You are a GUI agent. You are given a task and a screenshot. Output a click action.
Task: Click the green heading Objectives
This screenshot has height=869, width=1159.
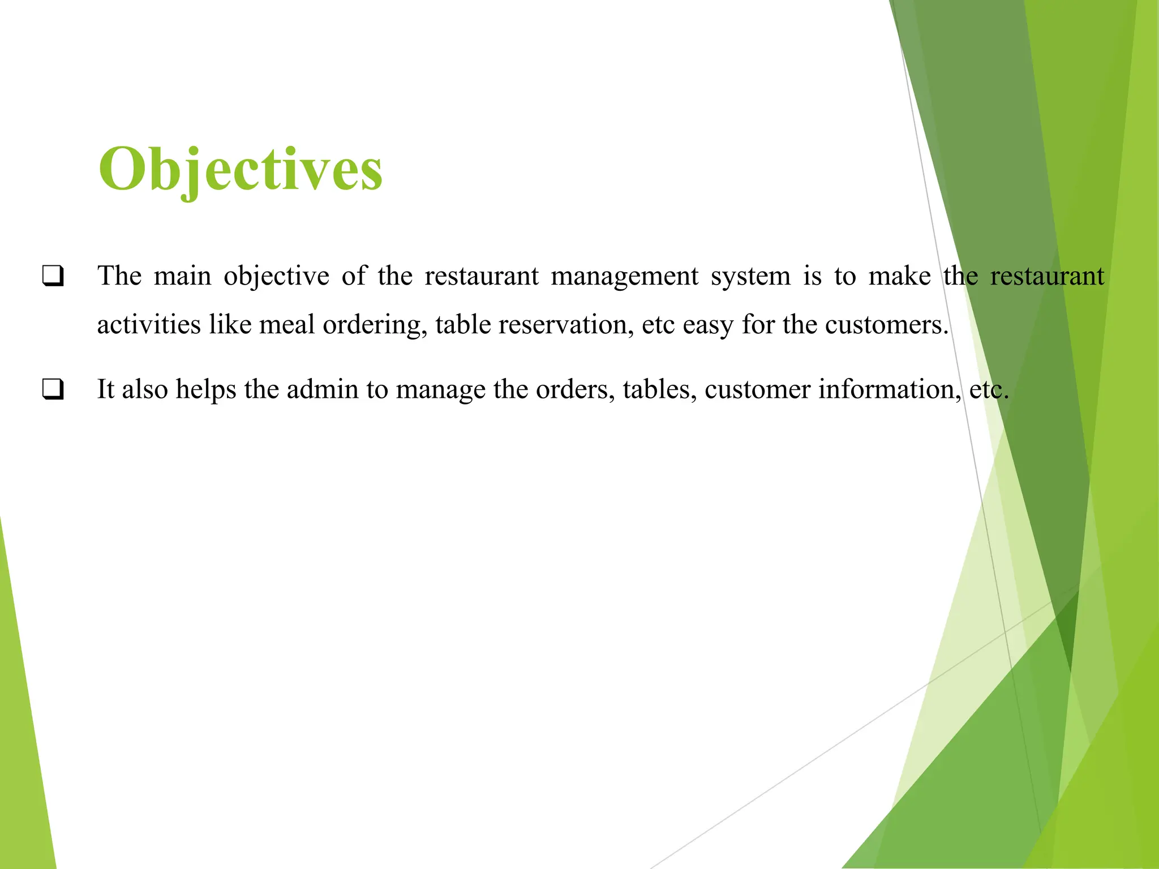click(x=241, y=169)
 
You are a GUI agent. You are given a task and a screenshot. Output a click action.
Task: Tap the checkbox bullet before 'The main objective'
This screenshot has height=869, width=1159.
click(x=53, y=276)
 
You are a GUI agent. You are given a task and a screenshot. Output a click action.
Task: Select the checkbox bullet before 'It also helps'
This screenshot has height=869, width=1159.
click(x=53, y=389)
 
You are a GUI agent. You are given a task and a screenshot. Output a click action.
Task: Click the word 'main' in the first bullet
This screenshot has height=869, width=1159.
click(x=182, y=276)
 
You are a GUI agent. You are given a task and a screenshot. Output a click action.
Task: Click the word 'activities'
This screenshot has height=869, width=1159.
click(x=149, y=325)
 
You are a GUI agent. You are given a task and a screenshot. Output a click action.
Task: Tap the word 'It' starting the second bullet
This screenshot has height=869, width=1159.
click(x=106, y=389)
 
